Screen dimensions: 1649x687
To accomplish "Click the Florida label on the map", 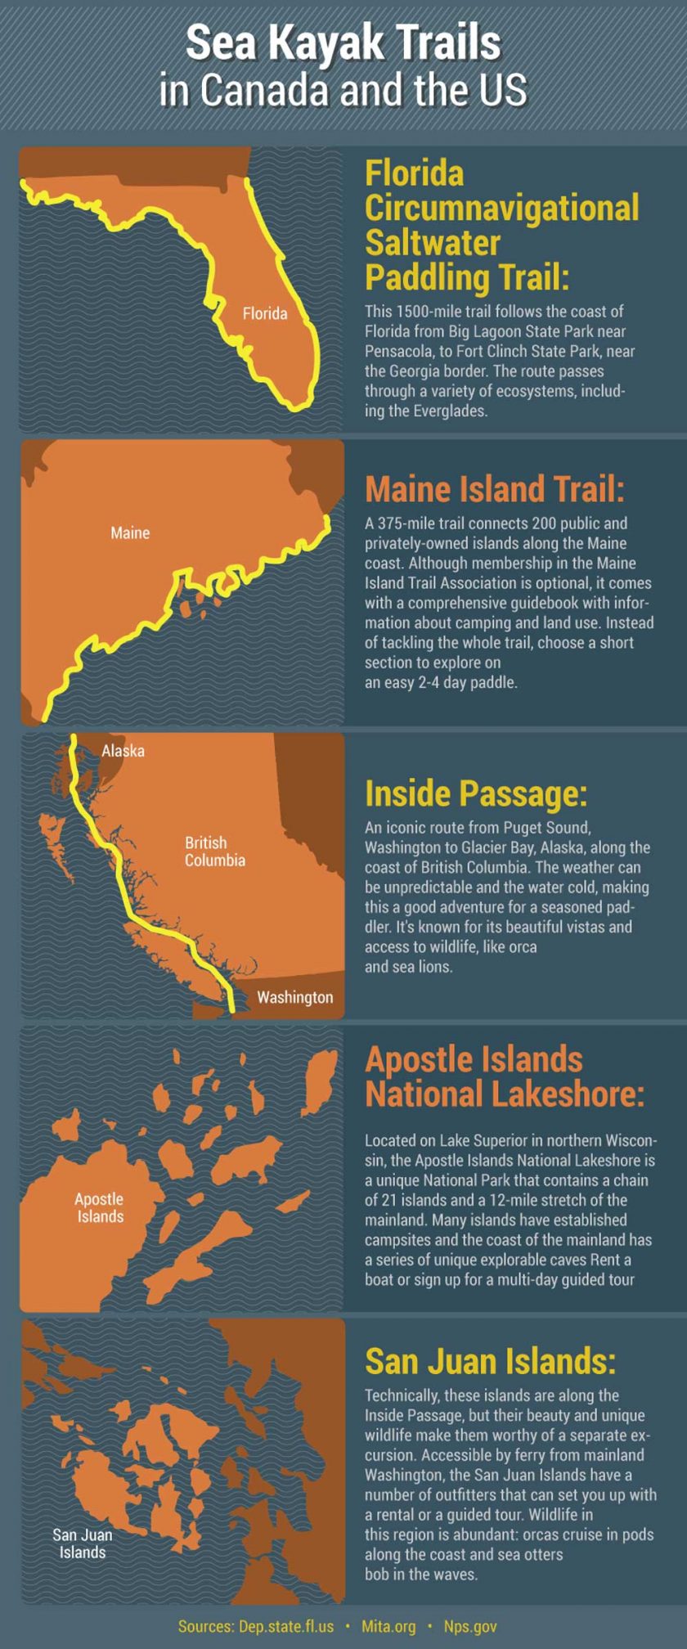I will [x=265, y=313].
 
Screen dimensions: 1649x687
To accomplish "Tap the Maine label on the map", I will [x=130, y=533].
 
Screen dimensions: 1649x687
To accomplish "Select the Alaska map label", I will [x=123, y=751].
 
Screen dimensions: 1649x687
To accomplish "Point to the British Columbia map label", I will [x=214, y=851].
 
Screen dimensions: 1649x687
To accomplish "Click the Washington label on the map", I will [x=294, y=997].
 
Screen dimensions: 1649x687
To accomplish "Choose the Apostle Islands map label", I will [x=100, y=1207].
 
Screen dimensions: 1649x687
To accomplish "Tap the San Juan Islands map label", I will [x=82, y=1543].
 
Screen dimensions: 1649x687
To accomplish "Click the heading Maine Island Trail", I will [x=494, y=489].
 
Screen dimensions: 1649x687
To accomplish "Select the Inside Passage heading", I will [x=476, y=793].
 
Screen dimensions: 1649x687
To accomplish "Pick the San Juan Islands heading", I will [x=490, y=1361].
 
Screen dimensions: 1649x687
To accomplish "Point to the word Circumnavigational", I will [x=501, y=208].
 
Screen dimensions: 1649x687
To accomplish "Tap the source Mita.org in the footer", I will [x=388, y=1627].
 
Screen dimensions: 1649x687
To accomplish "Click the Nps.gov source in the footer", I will [x=470, y=1627].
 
